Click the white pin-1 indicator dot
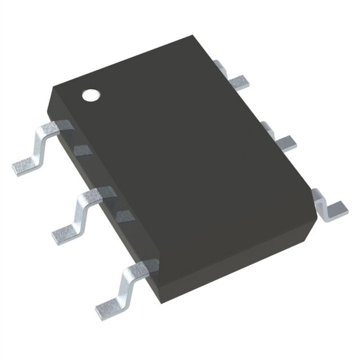(91, 95)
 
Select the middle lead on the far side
(284, 141)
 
